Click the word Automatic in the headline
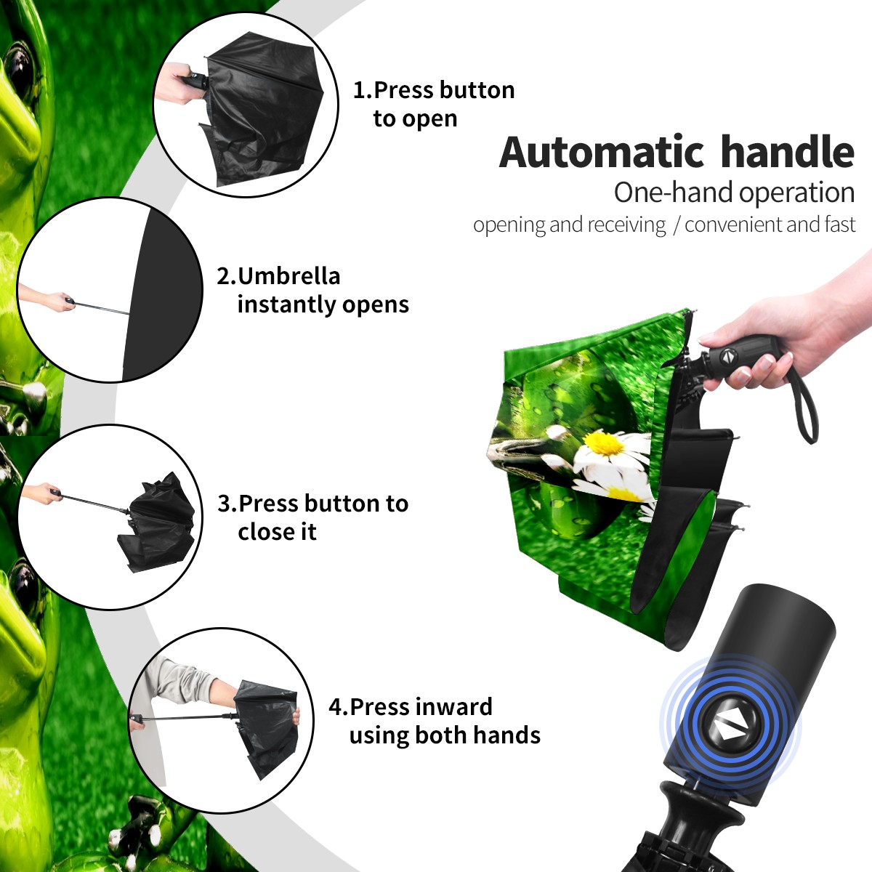[602, 153]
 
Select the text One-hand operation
[734, 193]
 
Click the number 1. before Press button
[362, 91]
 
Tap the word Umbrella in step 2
[288, 276]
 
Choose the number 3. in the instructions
[227, 504]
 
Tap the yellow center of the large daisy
[604, 443]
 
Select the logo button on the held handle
[728, 355]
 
